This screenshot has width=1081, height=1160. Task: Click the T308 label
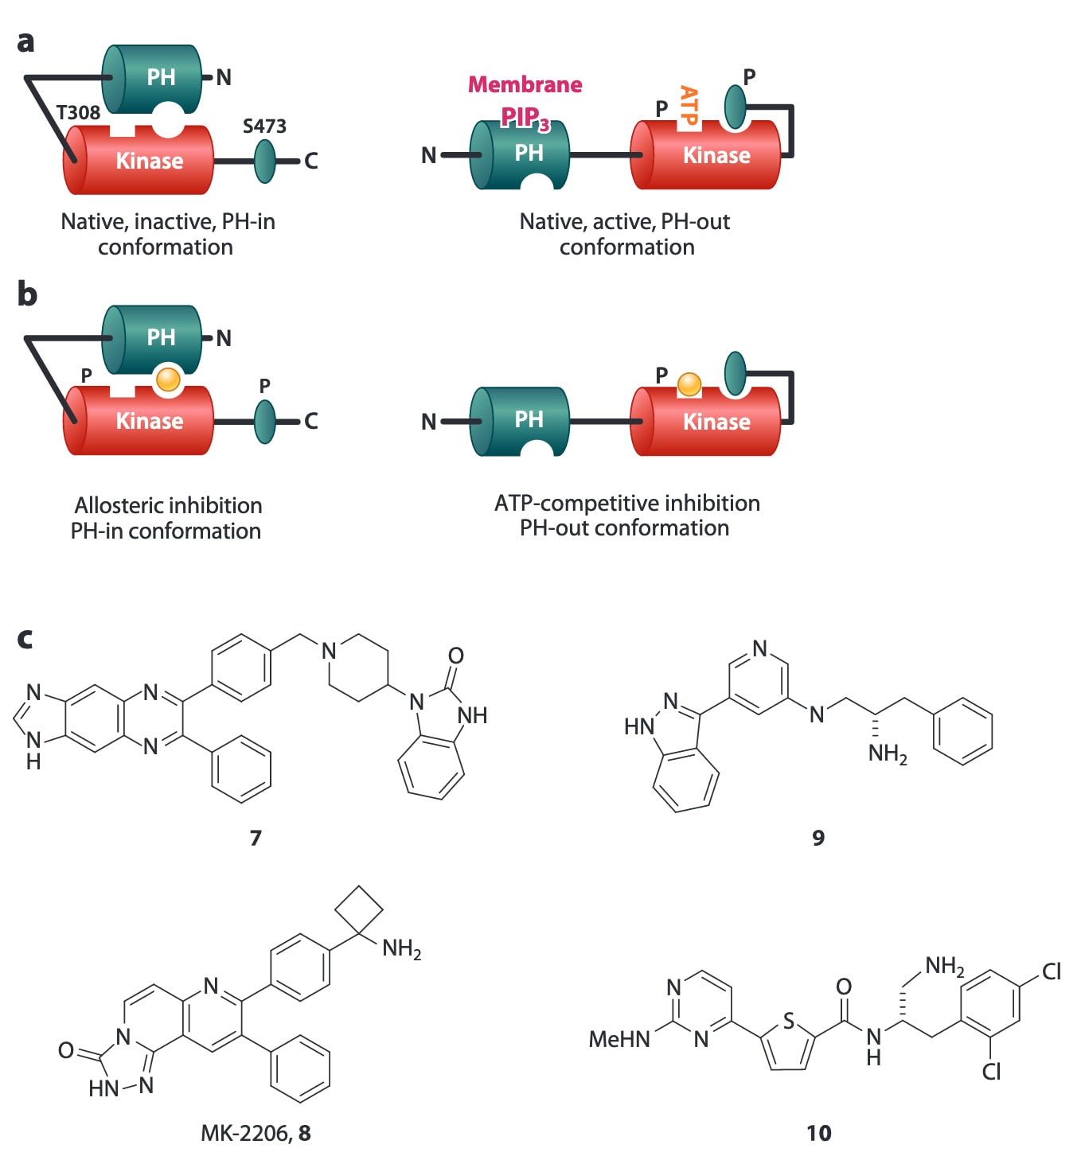(78, 113)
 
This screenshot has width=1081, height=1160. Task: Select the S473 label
(264, 126)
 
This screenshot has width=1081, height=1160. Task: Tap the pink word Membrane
(525, 84)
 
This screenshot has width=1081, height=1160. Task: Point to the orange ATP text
(689, 106)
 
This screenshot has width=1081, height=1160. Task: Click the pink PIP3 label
(525, 118)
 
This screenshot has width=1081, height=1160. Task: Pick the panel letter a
(25, 41)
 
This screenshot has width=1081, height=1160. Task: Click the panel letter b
(27, 294)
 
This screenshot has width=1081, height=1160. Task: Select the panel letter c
(25, 638)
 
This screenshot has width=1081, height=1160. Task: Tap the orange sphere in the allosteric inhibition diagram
(168, 379)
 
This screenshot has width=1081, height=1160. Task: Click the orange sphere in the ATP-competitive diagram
(689, 384)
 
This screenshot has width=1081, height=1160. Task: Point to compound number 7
(256, 838)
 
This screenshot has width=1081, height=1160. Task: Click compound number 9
(818, 838)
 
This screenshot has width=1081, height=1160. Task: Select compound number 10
(818, 1133)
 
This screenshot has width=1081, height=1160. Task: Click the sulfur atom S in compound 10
(789, 1021)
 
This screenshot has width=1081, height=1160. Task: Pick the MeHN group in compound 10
(619, 1039)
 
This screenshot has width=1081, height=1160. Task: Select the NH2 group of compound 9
(887, 753)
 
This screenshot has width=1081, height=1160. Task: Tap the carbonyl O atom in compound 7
(455, 656)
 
